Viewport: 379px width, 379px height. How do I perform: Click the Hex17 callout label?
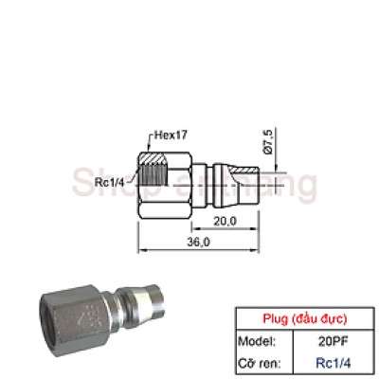point(168,135)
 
